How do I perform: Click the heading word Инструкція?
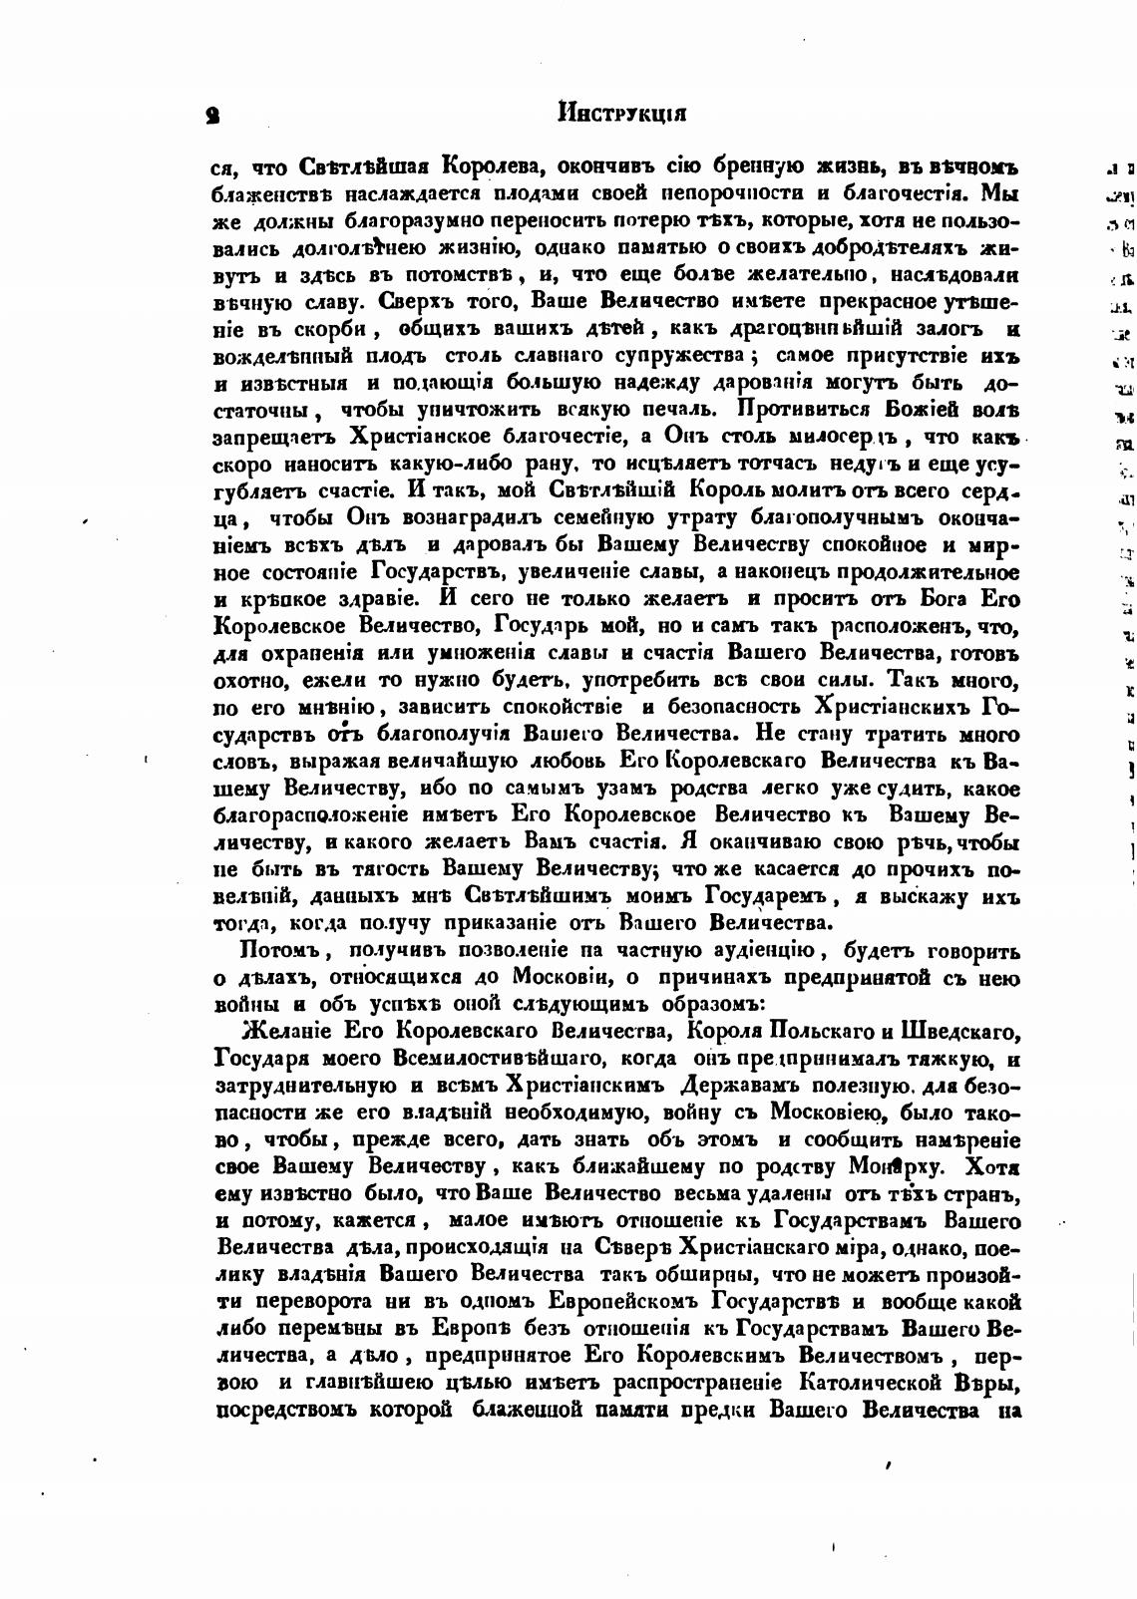coord(622,113)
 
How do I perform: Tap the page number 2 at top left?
coord(213,115)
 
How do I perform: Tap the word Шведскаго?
coord(957,1030)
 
